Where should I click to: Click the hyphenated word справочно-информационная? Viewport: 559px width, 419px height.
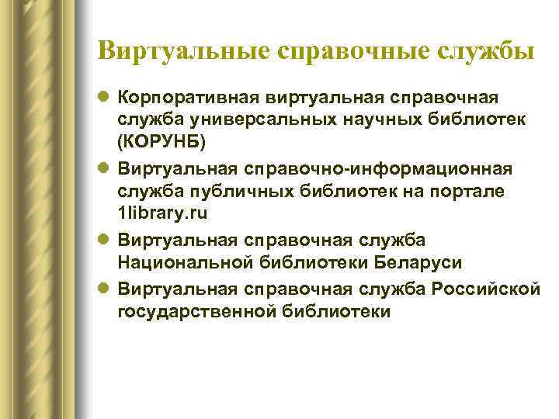click(366, 168)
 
